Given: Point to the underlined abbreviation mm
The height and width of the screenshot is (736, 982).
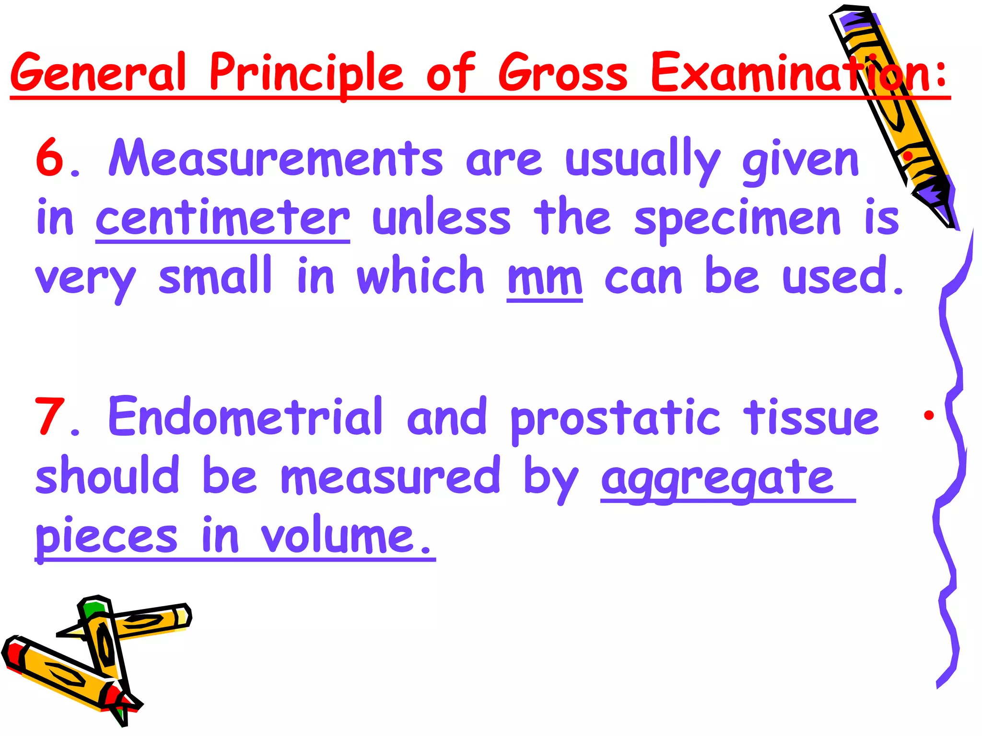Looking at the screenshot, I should tap(545, 279).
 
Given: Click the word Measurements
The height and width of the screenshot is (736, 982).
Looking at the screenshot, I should tap(276, 159).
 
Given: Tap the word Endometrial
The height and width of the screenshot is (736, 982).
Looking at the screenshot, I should tap(245, 417).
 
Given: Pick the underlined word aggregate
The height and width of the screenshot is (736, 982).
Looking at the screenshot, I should tap(717, 479).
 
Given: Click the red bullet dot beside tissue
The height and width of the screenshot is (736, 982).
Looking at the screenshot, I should tap(929, 415).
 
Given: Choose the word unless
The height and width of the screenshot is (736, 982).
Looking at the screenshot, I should tap(442, 218).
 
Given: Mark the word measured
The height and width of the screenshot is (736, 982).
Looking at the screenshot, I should tap(390, 477).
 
